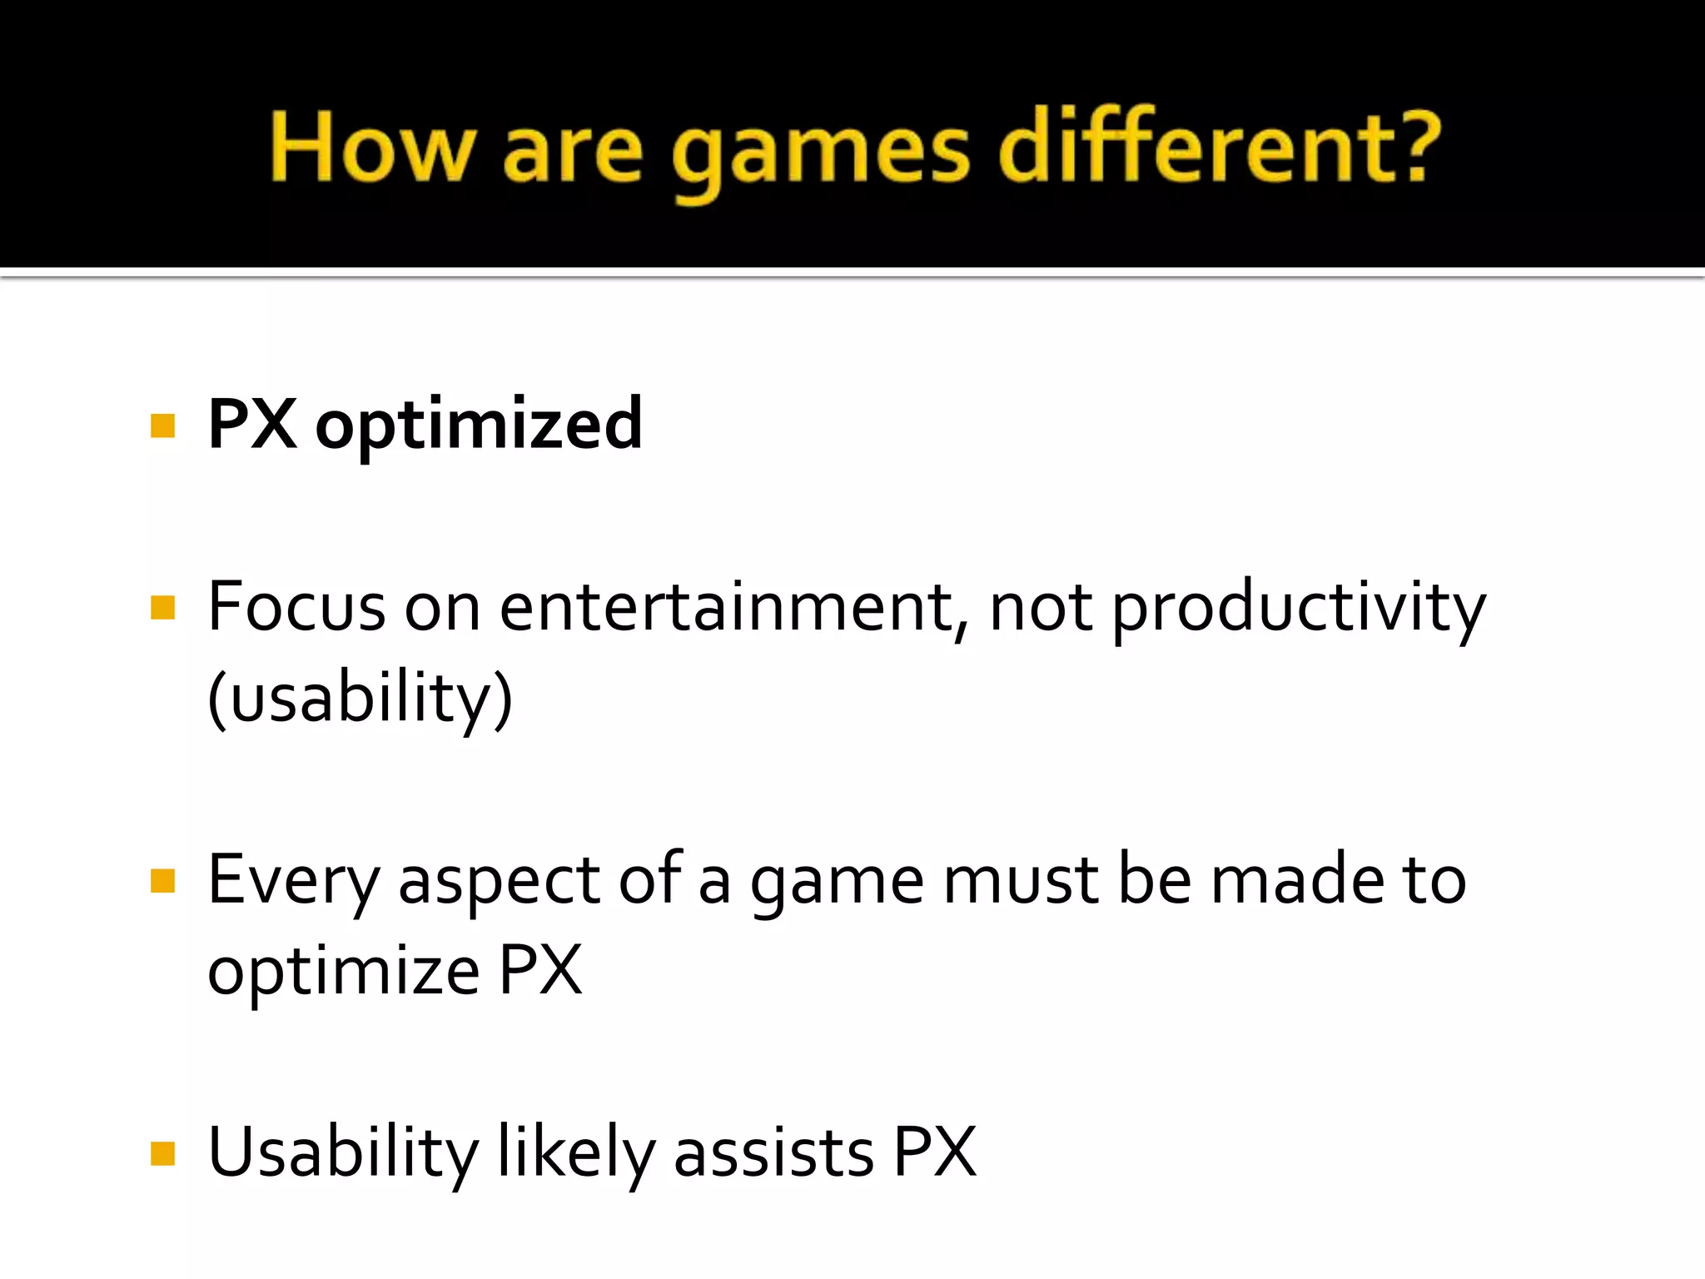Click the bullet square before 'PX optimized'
click(x=162, y=426)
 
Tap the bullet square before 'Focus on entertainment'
click(x=162, y=608)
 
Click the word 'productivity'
click(x=1298, y=610)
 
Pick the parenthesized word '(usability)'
click(x=360, y=699)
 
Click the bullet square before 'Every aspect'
click(x=162, y=881)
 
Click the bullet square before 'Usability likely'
click(x=162, y=1154)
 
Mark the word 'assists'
click(x=773, y=1153)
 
